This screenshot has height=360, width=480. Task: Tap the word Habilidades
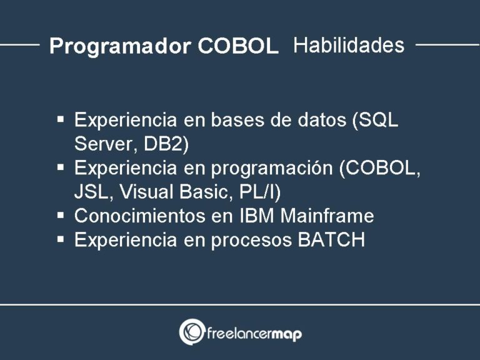[x=348, y=45]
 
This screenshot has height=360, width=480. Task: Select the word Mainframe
[x=327, y=216]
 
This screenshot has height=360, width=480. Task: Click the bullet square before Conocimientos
[x=61, y=215]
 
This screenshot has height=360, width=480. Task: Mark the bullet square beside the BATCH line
[x=61, y=239]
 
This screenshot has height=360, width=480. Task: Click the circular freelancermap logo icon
[x=191, y=332]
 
